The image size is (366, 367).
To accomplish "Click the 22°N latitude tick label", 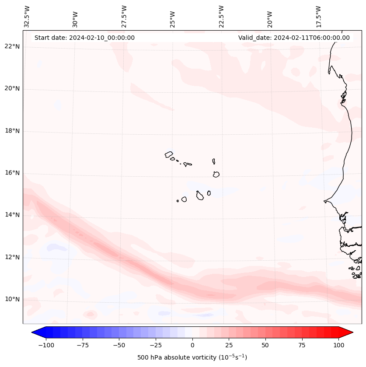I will point(12,46).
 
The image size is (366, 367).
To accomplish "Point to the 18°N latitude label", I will point(12,131).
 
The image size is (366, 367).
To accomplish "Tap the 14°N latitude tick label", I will point(12,215).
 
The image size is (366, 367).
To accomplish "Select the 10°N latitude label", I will point(12,299).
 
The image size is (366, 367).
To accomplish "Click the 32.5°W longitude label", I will point(27,17).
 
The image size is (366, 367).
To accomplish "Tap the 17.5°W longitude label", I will point(318,17).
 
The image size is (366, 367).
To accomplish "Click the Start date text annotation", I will point(84,38).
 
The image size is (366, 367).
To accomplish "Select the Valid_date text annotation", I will point(294,38).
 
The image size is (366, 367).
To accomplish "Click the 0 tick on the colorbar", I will point(192,345).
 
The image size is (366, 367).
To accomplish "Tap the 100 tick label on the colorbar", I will point(339,345).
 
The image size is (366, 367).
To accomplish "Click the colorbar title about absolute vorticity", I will point(192,357).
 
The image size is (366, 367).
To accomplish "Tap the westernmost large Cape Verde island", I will point(169,154).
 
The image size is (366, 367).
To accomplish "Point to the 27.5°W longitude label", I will point(124,17).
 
